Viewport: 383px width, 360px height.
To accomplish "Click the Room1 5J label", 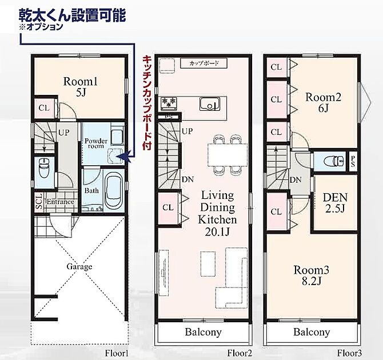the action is [x=81, y=87].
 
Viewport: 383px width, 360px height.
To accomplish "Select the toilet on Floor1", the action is [x=44, y=168].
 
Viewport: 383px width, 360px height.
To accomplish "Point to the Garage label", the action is [x=79, y=266].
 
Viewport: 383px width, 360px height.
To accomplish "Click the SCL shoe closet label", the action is [x=39, y=202].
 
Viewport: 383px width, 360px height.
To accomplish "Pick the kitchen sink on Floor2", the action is [x=210, y=104].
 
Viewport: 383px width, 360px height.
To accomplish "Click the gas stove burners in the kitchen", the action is [x=169, y=102].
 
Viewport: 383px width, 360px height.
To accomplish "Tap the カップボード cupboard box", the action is [x=204, y=63].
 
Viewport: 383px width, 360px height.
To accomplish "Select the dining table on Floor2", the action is [x=228, y=155].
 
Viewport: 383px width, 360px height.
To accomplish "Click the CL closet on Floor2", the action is [x=168, y=208].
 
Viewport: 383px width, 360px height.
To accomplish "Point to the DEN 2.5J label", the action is [x=335, y=203].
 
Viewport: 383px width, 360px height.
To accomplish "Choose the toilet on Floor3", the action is [x=334, y=161].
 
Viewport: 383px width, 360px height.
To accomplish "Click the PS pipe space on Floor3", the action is [x=353, y=162].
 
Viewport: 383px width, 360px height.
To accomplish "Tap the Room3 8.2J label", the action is [x=311, y=275].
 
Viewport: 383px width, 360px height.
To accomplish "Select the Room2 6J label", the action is [x=323, y=103].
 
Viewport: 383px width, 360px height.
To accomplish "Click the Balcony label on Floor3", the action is [x=312, y=332].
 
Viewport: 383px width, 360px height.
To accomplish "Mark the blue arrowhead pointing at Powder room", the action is [x=125, y=157].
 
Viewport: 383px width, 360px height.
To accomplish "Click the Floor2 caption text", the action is [x=240, y=353].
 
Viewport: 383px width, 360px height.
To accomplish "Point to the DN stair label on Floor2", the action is [x=187, y=180].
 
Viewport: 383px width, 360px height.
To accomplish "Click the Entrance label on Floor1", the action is [x=60, y=202].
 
